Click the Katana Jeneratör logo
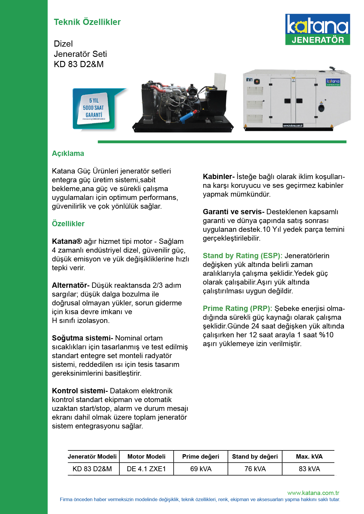[317, 29]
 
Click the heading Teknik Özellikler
[87, 22]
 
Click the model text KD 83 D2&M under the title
[79, 64]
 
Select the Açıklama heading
[68, 153]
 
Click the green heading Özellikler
[68, 224]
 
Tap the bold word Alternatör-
[71, 285]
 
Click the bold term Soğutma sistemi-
[82, 338]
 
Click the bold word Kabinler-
[219, 176]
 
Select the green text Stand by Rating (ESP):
[243, 256]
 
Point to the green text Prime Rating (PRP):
[237, 308]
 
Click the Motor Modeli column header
[146, 456]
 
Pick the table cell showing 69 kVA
[201, 469]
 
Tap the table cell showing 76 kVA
[255, 469]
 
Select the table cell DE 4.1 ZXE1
[146, 469]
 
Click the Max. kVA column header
[309, 456]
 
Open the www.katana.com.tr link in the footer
[313, 493]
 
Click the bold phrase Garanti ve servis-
[233, 212]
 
